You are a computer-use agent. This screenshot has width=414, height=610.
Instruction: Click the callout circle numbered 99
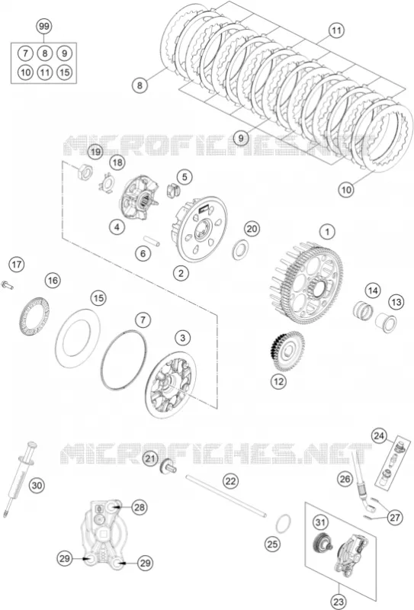(44, 27)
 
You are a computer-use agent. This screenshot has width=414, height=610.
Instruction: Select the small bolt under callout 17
(8, 284)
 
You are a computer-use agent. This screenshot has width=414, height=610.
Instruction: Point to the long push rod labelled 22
(226, 496)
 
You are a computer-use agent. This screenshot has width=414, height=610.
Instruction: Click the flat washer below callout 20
(241, 250)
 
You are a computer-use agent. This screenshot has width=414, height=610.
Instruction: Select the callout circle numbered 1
(327, 233)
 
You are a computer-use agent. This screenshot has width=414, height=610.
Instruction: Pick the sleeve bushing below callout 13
(386, 322)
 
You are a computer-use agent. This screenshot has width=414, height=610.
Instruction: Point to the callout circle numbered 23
(339, 602)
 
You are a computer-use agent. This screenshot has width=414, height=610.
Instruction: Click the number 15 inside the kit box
(65, 72)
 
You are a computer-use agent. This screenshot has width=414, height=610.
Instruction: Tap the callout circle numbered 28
(140, 507)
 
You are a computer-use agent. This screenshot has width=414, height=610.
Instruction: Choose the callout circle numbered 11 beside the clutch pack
(336, 30)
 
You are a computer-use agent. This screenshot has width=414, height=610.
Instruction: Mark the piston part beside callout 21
(168, 466)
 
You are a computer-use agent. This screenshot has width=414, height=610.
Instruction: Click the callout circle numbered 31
(319, 523)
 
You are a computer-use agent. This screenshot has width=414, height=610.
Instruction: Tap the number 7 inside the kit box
(25, 53)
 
